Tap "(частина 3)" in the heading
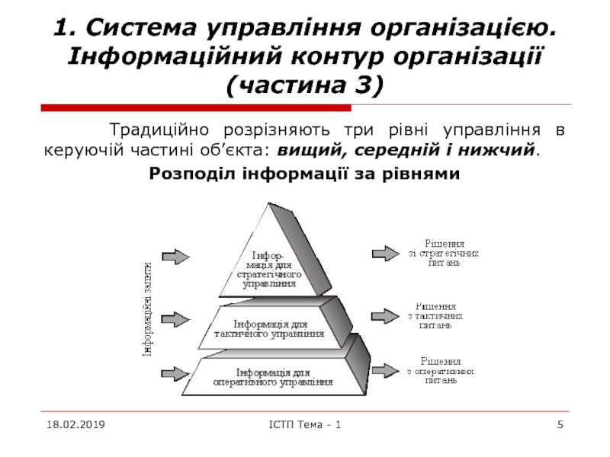point(304,86)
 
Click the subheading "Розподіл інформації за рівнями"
point(305,174)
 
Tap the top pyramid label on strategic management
point(268,268)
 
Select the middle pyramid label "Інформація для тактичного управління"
point(269,328)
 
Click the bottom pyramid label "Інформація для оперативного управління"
point(273,376)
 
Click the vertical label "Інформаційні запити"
point(147,308)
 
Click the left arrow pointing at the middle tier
point(176,318)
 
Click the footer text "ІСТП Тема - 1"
point(305,423)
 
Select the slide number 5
point(560,423)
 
